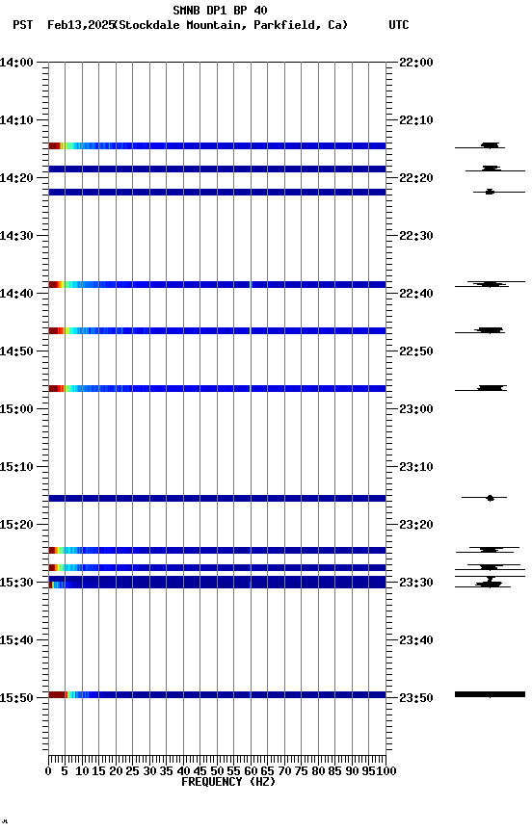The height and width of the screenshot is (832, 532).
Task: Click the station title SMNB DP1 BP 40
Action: coord(220,11)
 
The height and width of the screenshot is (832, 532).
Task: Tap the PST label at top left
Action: coord(23,25)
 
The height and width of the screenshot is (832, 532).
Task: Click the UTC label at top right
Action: coord(399,25)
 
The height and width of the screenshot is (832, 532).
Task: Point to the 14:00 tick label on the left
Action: coord(17,63)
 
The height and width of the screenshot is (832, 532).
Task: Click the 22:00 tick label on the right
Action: coord(415,63)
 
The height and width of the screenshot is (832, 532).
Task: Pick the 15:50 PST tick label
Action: coord(17,697)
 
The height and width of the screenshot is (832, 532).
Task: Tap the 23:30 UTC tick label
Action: coord(415,583)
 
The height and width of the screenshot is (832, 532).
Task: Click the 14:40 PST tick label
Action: coord(17,294)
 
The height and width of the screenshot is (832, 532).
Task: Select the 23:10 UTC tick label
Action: coord(415,467)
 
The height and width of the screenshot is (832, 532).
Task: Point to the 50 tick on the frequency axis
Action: coord(217,771)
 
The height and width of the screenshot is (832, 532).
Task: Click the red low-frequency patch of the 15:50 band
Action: coord(56,694)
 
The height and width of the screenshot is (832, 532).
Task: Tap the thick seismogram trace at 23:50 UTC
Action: coord(490,693)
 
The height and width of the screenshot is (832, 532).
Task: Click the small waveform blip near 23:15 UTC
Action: coord(491,498)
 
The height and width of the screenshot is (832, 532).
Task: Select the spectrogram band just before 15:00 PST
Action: coord(217,388)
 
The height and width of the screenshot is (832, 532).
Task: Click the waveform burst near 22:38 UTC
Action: coord(491,284)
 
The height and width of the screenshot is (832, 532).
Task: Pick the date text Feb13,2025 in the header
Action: coord(80,25)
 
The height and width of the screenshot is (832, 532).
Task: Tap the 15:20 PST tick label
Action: coord(17,525)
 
